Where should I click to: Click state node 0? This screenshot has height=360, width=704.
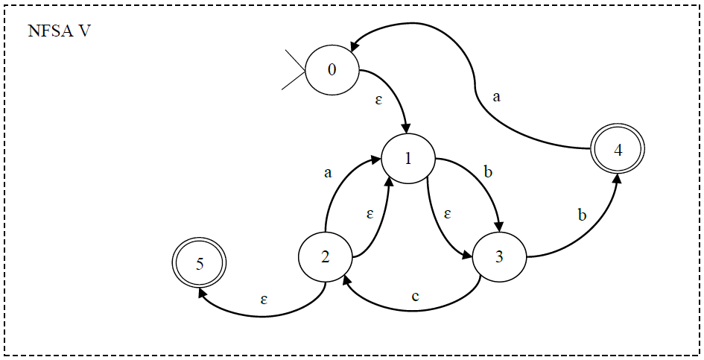point(332,70)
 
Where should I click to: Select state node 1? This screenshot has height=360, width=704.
point(408,159)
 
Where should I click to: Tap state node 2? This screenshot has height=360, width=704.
point(326,256)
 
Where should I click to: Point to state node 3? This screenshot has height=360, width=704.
point(498,256)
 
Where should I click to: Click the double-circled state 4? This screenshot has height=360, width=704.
point(618,149)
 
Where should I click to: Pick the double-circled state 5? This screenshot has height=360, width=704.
point(198,263)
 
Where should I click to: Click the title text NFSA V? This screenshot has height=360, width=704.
point(60,32)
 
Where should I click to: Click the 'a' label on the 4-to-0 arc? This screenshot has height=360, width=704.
point(496,95)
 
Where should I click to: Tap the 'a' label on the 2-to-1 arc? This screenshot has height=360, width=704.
point(327,173)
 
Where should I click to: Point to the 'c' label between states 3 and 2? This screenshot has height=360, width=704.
point(416,296)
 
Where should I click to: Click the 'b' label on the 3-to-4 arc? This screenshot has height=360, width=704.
point(582,215)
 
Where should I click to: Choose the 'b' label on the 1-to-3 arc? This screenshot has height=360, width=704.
point(488,172)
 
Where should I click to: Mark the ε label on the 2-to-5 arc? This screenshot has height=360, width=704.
point(264,299)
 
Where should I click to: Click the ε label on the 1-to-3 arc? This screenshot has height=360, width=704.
point(448,213)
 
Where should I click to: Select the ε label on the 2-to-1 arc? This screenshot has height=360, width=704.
point(370,214)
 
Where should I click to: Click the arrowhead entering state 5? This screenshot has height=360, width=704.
point(202,292)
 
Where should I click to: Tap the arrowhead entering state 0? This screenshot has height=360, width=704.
point(358,47)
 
